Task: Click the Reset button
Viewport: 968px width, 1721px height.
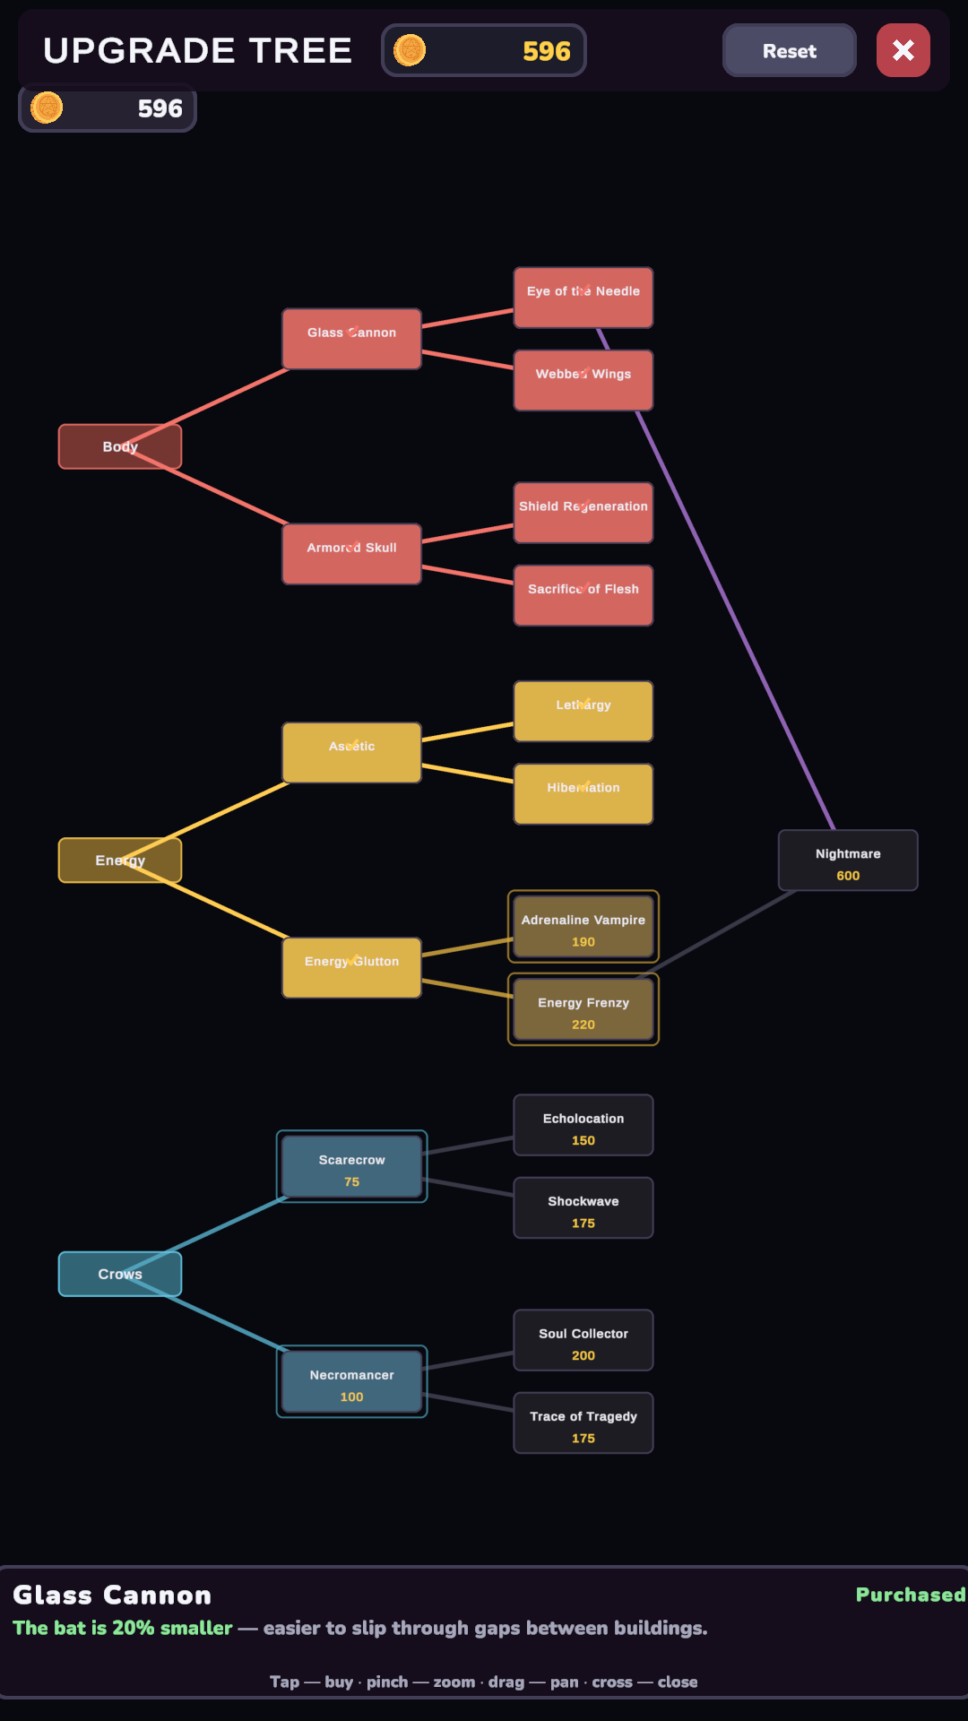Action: click(789, 50)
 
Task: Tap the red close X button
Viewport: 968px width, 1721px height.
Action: click(903, 50)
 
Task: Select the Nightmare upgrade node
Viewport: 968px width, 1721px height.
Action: click(848, 860)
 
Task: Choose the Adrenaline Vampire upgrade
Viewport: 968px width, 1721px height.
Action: click(583, 927)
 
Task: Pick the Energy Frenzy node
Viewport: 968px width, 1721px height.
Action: click(583, 1009)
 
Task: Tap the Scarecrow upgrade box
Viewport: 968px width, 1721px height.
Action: click(351, 1166)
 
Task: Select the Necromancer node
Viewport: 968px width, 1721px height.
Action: click(351, 1381)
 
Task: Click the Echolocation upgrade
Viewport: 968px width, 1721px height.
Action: click(583, 1125)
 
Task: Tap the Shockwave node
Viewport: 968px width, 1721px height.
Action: click(583, 1207)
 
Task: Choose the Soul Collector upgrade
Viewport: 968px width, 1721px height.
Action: click(583, 1340)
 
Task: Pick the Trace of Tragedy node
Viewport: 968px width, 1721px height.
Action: click(583, 1423)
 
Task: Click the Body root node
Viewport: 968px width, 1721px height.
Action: click(120, 446)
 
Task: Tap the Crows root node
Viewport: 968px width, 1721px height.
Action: click(120, 1274)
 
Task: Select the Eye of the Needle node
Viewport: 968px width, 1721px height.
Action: click(583, 298)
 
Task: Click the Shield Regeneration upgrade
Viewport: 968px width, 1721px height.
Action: click(583, 513)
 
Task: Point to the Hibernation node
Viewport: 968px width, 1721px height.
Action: click(583, 794)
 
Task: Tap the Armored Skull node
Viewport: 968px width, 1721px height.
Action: click(351, 554)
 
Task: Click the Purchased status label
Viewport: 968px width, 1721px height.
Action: click(911, 1595)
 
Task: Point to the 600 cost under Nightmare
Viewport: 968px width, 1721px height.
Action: click(848, 876)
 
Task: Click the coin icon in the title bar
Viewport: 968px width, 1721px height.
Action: click(410, 50)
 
